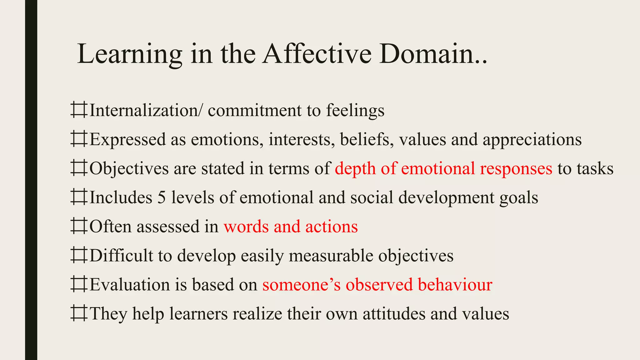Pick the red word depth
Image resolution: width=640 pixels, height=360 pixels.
click(x=355, y=169)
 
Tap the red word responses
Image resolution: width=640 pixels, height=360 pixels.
click(x=516, y=169)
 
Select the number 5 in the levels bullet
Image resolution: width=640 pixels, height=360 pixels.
click(x=162, y=197)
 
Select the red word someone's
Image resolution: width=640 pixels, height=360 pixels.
click(x=301, y=284)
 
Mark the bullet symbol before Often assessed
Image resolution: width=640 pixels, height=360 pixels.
click(x=78, y=226)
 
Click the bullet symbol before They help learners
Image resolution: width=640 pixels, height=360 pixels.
click(x=78, y=313)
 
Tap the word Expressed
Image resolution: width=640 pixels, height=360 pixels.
click(x=127, y=140)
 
